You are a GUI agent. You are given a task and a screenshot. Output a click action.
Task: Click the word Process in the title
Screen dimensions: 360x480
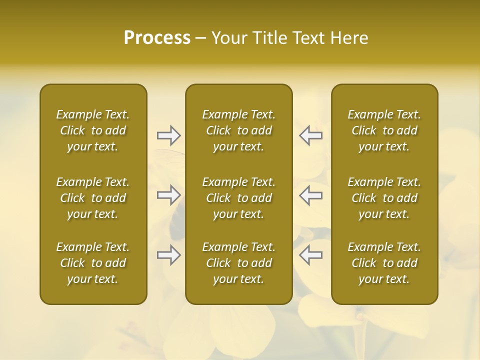tap(157, 38)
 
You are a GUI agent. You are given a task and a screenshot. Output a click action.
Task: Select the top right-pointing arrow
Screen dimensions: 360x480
tap(168, 135)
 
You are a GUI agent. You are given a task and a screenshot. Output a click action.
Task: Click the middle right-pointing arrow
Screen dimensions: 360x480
tap(168, 195)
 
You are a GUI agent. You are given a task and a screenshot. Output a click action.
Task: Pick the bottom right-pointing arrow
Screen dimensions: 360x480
tap(168, 255)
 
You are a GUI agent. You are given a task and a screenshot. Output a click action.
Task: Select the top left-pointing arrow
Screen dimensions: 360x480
tap(310, 135)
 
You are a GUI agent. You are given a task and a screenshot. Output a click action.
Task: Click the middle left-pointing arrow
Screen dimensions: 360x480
tap(310, 195)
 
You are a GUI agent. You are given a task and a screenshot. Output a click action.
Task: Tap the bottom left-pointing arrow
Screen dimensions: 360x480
tap(310, 255)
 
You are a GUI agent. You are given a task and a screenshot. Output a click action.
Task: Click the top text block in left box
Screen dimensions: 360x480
tap(93, 130)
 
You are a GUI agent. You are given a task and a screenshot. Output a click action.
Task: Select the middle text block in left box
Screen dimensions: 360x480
tap(93, 198)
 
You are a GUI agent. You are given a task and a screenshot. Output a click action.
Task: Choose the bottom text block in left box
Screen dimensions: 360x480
tap(93, 263)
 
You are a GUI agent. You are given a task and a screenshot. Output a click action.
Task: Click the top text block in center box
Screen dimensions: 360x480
tap(239, 130)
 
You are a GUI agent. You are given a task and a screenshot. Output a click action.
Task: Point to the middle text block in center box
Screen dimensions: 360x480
tap(239, 198)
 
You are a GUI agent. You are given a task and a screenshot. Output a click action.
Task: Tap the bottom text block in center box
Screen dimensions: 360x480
tap(239, 263)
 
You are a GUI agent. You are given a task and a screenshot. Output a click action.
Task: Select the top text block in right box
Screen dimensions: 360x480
tap(384, 130)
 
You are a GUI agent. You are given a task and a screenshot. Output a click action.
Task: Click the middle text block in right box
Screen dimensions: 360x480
tap(384, 198)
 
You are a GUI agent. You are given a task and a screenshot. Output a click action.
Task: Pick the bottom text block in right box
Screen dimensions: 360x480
tap(384, 263)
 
